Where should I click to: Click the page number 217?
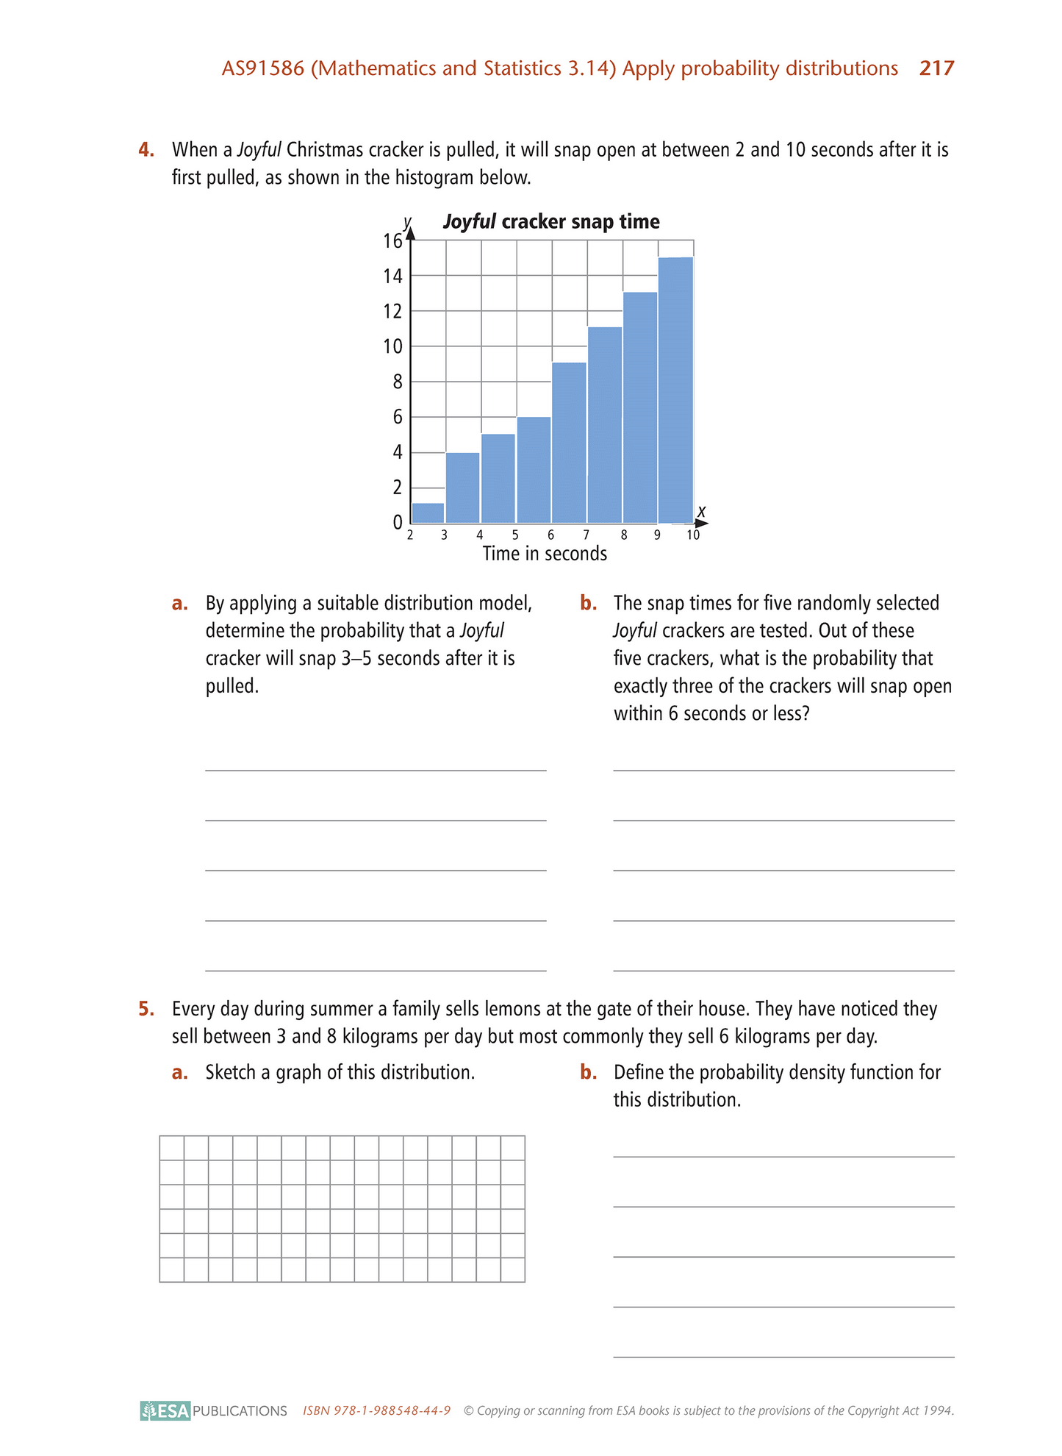click(x=936, y=68)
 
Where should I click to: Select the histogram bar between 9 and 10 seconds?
click(x=675, y=390)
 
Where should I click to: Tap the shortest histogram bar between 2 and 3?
click(x=428, y=513)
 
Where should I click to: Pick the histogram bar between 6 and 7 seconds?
click(x=569, y=442)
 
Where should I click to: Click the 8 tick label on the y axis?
click(x=397, y=382)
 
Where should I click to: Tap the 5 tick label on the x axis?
click(x=515, y=535)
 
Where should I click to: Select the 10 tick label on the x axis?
click(x=693, y=535)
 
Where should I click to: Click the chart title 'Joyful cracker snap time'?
click(x=551, y=221)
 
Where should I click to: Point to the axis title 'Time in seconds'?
click(x=545, y=554)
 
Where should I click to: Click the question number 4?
click(x=146, y=150)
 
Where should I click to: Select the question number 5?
click(x=146, y=1009)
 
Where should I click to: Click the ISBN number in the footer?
click(x=376, y=1410)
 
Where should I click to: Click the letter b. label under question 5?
click(x=588, y=1072)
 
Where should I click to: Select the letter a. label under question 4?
click(x=180, y=603)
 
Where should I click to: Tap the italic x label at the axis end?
click(x=701, y=510)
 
